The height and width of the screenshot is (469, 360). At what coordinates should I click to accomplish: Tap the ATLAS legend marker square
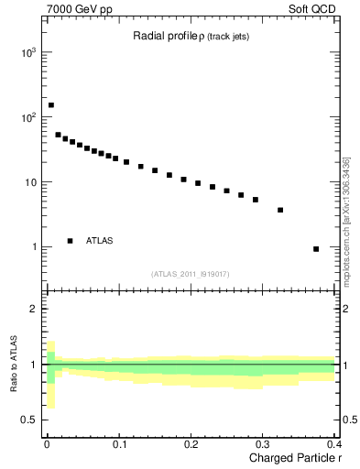tap(70, 241)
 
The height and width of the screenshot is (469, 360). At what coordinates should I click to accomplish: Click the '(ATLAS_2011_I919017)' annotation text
tap(190, 273)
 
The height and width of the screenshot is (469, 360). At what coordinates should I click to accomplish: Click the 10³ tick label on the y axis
tap(27, 53)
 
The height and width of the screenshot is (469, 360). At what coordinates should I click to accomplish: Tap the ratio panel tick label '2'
tap(32, 309)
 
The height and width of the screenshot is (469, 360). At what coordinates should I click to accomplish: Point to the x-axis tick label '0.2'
tap(191, 444)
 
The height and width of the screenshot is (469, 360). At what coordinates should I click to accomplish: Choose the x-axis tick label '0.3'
tap(262, 444)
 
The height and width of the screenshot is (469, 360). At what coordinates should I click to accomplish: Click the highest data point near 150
tap(51, 105)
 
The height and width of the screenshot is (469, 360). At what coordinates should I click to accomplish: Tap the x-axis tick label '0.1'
tap(119, 444)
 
